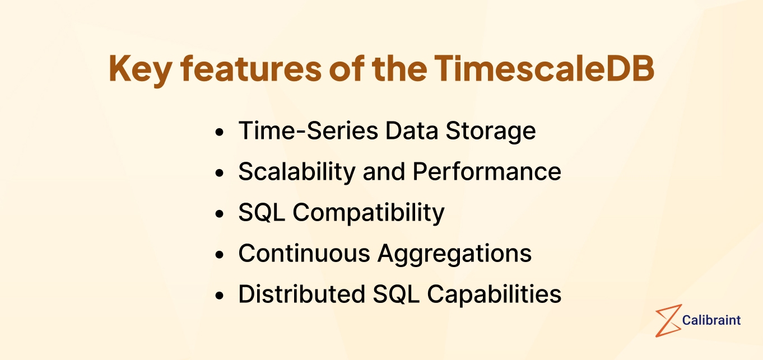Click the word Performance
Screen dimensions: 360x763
point(487,172)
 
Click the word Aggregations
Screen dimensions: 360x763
point(454,254)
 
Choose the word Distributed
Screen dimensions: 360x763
point(301,294)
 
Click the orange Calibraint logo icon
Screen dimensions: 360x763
point(668,320)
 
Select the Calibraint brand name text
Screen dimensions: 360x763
point(711,320)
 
